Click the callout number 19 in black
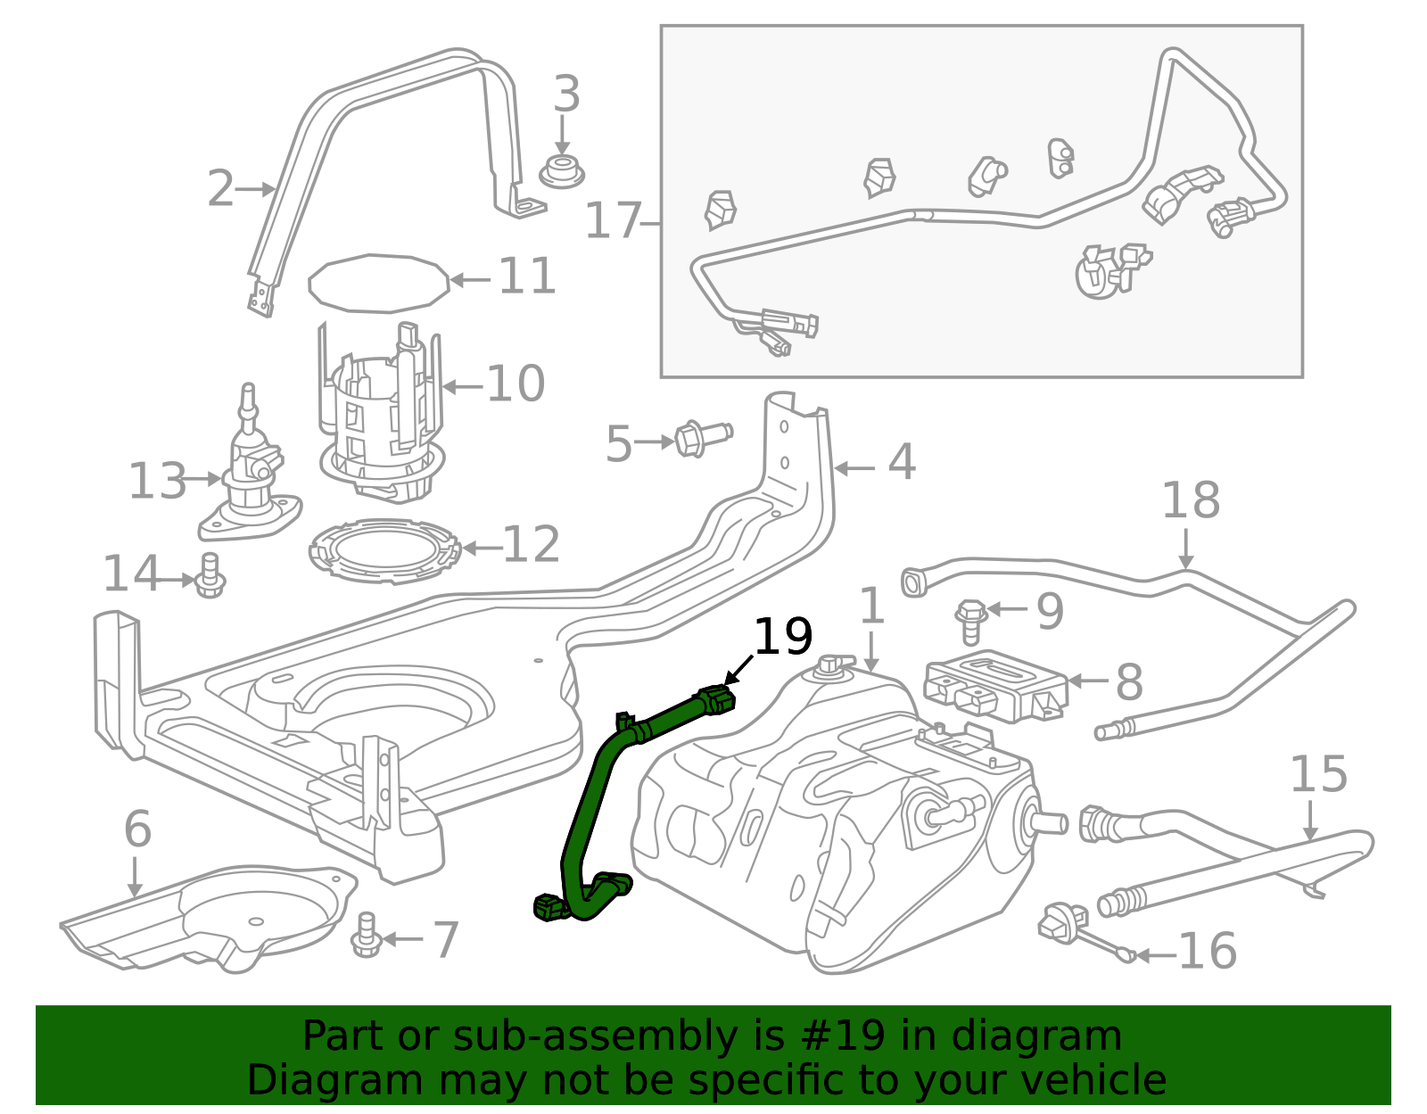(x=783, y=637)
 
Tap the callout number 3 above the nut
(x=566, y=95)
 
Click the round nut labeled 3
(x=562, y=171)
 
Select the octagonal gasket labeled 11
(x=379, y=283)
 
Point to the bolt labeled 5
(x=702, y=438)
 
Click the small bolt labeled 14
(x=210, y=577)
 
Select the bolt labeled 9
(x=970, y=620)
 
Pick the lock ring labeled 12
(x=384, y=552)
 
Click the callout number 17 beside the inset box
(x=613, y=221)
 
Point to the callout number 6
(x=137, y=829)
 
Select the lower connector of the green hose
(x=549, y=910)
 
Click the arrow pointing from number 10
(x=462, y=386)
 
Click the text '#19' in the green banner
(x=843, y=1036)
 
